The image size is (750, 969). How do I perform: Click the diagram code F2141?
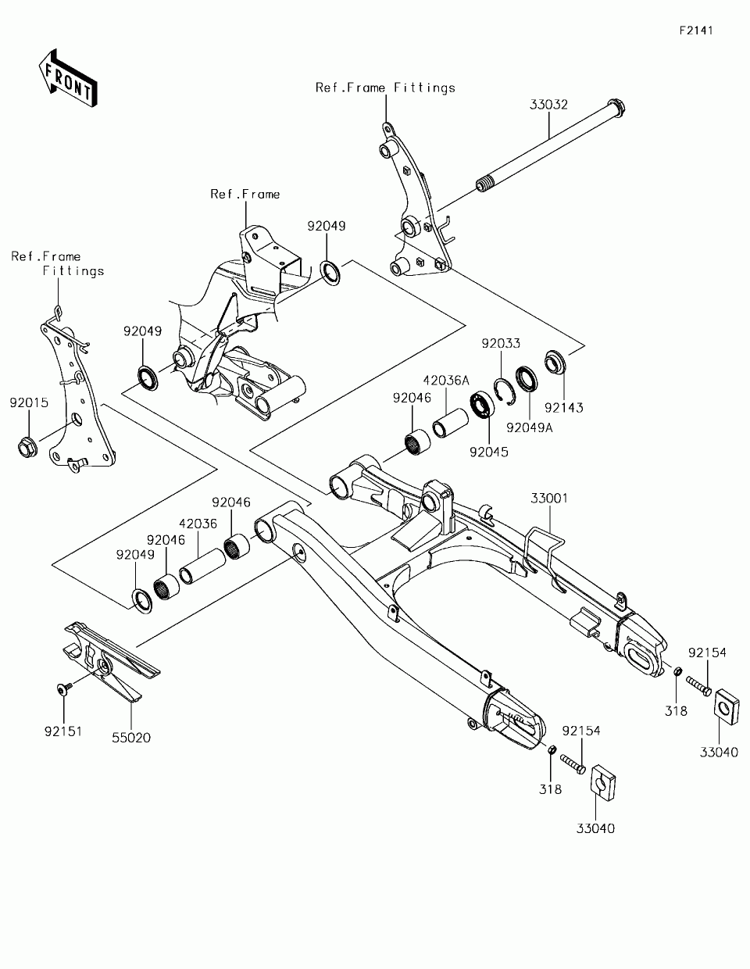pos(696,31)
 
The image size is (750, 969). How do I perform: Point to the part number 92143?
pos(564,407)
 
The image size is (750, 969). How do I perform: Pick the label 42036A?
pos(446,381)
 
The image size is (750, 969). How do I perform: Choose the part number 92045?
pos(489,452)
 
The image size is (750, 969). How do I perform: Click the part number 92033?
pos(501,344)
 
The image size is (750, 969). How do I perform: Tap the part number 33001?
pos(551,498)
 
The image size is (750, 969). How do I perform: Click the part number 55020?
pos(131,737)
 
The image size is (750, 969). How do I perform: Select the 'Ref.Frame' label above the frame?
pos(245,194)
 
